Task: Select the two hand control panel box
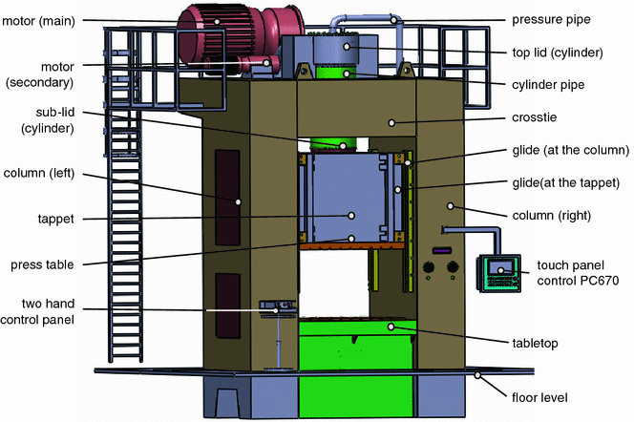coord(275,307)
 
